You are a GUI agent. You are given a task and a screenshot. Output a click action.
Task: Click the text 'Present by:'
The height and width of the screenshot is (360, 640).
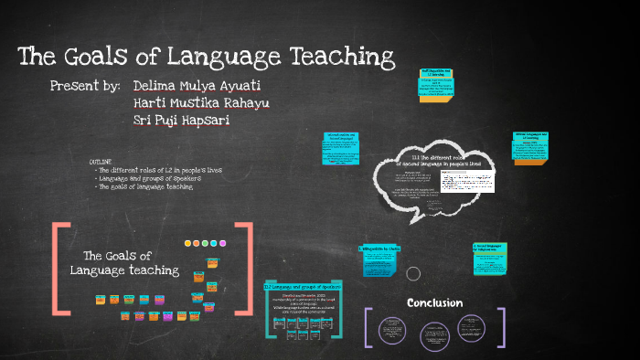click(86, 86)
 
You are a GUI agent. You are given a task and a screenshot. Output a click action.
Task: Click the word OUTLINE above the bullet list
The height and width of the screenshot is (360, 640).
click(101, 161)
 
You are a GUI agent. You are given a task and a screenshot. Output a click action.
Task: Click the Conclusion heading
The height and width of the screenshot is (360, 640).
click(434, 302)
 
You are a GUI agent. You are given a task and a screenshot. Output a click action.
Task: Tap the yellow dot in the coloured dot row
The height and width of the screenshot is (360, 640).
click(188, 244)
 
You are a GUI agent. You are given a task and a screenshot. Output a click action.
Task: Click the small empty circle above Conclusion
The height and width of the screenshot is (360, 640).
click(412, 273)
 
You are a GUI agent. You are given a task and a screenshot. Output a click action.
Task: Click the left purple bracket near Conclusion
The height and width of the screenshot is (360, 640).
click(368, 327)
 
